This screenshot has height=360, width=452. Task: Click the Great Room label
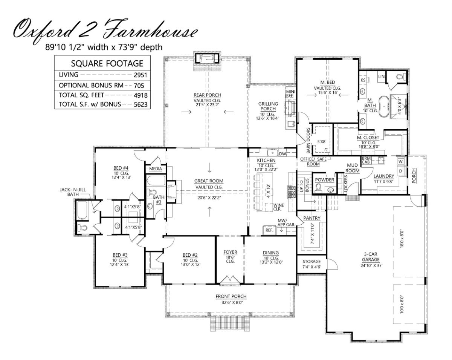click(209, 181)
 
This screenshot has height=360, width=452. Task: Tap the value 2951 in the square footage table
click(140, 75)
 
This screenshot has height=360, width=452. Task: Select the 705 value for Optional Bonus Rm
click(139, 86)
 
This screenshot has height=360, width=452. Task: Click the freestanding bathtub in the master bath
click(384, 106)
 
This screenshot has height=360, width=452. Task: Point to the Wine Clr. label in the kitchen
click(279, 207)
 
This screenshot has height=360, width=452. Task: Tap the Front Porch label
click(231, 296)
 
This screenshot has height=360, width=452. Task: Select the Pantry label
click(312, 218)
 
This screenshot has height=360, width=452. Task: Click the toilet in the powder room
click(318, 188)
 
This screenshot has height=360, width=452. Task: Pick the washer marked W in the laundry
click(401, 161)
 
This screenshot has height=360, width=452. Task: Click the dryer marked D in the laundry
click(401, 171)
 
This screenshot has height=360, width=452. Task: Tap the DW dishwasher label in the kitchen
click(282, 154)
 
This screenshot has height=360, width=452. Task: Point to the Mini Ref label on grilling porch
click(291, 93)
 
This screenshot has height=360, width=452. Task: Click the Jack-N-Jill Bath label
click(73, 192)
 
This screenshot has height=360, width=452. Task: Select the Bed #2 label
click(190, 255)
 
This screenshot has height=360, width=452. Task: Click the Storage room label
click(312, 261)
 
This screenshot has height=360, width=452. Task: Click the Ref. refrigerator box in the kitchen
click(269, 230)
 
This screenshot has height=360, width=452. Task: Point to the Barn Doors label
click(308, 141)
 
